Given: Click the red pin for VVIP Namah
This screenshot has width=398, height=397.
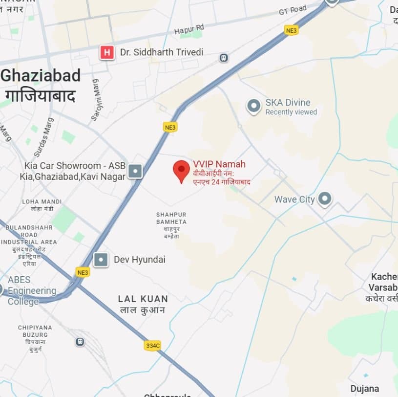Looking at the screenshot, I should [181, 170].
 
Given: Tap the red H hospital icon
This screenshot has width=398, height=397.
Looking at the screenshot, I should [107, 52].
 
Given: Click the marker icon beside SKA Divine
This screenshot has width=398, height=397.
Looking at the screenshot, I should [253, 106].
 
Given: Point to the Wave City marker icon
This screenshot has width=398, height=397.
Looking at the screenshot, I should [324, 199].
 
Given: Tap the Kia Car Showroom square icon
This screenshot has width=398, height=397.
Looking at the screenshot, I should [135, 171].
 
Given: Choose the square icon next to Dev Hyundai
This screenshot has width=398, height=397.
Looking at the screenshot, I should [101, 260].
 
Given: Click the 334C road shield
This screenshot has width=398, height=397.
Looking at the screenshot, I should [152, 346].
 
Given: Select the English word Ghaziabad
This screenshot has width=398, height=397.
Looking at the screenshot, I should [41, 75].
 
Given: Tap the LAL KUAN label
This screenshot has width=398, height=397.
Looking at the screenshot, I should [143, 299].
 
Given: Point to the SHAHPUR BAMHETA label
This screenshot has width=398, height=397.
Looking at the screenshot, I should [171, 218].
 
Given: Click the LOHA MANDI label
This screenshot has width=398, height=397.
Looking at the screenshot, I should [42, 201].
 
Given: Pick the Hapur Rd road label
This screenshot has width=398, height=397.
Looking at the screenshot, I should [189, 29].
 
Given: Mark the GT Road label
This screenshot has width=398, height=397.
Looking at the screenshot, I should [293, 9].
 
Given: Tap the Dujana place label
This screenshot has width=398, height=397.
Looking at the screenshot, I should [364, 389].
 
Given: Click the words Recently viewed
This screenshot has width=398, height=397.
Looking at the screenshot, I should [291, 112].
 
